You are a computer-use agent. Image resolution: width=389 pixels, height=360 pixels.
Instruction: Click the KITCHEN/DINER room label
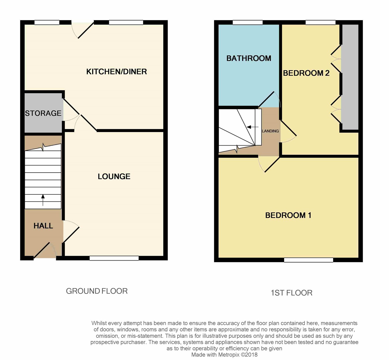point(116,72)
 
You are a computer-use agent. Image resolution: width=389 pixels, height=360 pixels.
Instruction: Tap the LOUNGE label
point(114,177)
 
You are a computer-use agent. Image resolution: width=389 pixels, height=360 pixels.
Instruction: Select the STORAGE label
point(43,113)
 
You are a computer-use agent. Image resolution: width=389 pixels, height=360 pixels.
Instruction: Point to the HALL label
point(43,226)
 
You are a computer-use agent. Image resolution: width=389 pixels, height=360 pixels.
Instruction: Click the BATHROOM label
point(249,59)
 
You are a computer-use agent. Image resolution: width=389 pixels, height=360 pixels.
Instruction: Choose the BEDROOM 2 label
point(306,73)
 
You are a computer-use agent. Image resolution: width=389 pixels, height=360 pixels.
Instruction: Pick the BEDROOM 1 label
point(288,215)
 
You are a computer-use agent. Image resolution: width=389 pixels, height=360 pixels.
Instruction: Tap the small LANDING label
point(270,131)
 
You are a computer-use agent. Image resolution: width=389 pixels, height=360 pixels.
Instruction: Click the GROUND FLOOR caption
point(97,291)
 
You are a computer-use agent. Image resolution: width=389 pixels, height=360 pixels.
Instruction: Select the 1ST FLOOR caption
point(291,293)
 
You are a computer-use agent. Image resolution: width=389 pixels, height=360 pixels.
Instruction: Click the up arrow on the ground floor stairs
point(43,200)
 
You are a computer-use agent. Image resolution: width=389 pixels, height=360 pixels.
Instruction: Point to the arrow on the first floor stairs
point(252,127)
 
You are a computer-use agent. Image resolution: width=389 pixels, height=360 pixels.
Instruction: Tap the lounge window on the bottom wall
point(114,258)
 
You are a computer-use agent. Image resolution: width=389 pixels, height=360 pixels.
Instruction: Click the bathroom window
point(248,22)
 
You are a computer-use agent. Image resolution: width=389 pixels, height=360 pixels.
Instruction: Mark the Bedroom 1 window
point(309,260)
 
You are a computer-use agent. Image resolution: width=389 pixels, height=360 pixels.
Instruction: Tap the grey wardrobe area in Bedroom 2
point(350,77)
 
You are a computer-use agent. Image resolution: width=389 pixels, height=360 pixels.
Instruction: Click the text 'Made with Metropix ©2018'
point(224,355)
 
